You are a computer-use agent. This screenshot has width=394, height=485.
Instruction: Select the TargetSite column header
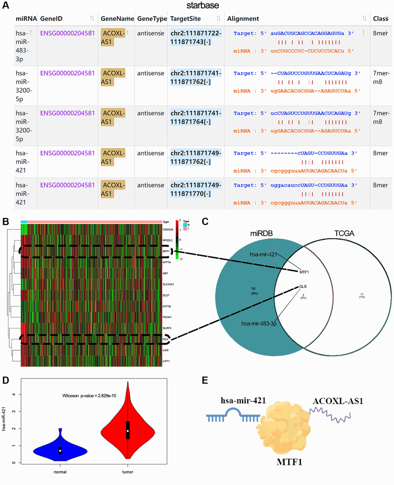185,19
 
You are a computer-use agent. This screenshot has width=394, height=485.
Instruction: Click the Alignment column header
243,19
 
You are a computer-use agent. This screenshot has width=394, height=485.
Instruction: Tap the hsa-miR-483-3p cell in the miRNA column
22,46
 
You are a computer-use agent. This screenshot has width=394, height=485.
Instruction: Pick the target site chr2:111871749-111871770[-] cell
196,189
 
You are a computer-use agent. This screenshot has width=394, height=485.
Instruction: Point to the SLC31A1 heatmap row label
168,284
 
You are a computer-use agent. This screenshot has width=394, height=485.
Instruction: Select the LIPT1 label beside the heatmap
166,361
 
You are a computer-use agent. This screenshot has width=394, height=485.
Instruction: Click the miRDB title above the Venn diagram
262,233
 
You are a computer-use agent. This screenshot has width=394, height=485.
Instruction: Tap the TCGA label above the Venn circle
344,233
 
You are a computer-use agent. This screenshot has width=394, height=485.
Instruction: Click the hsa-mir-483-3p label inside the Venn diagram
258,323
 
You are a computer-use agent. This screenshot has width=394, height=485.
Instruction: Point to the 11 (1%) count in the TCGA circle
362,295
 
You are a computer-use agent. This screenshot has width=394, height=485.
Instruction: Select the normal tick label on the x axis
60,472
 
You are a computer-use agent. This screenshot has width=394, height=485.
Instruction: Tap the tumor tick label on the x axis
127,472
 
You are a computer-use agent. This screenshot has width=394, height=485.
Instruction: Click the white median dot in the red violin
127,431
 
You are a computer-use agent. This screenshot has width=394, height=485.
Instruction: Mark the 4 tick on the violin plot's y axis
14,394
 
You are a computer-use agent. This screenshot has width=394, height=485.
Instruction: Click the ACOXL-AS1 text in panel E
338,401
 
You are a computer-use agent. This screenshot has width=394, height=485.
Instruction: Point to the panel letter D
5,380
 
